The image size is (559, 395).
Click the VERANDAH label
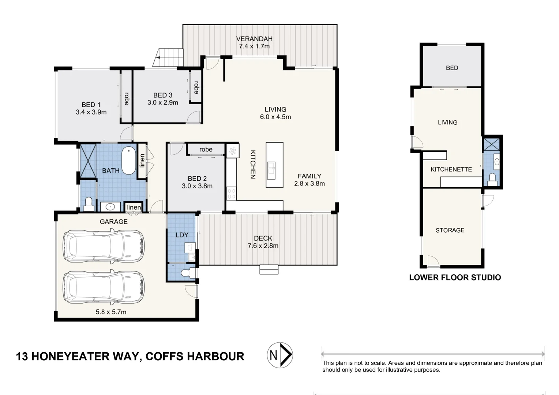(x=254, y=39)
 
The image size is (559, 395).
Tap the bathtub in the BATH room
(x=129, y=161)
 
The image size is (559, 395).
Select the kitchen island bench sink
(x=271, y=170)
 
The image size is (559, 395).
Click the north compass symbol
(x=280, y=355)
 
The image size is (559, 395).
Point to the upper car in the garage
(x=104, y=246)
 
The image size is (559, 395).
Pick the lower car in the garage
(x=104, y=287)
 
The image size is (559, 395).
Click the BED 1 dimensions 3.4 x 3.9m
(x=91, y=112)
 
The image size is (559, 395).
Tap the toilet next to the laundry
(x=188, y=273)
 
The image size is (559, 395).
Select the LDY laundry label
(x=182, y=235)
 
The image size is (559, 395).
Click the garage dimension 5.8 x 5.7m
(x=111, y=312)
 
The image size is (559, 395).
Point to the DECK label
(x=263, y=238)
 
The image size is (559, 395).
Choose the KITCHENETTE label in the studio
(x=451, y=169)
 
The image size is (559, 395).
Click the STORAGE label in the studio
(x=450, y=230)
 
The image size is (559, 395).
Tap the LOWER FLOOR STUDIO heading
(x=455, y=278)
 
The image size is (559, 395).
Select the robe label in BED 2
(x=206, y=149)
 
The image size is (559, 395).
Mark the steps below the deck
(x=269, y=270)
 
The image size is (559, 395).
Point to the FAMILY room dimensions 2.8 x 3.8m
(x=309, y=184)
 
